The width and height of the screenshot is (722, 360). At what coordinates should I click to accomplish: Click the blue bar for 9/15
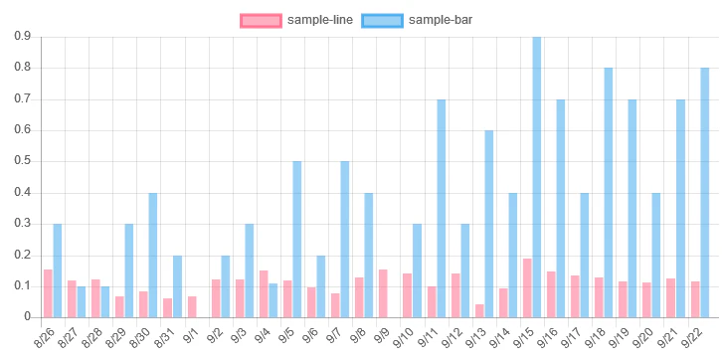tap(537, 177)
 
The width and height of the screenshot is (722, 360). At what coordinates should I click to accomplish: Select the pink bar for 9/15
tap(527, 288)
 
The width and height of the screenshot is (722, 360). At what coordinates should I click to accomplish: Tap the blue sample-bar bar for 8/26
tap(58, 270)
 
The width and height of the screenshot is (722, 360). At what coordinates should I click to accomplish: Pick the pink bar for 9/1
tap(192, 307)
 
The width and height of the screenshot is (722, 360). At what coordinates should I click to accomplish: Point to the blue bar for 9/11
tap(442, 209)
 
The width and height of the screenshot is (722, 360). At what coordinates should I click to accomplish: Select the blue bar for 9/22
tap(704, 193)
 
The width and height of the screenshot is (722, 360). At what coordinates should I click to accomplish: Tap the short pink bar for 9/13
tap(479, 310)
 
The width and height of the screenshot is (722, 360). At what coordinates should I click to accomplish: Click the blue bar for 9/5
tap(297, 240)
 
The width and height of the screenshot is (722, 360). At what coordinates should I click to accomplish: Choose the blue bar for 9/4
tap(273, 300)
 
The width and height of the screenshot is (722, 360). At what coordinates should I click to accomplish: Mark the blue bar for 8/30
tap(153, 255)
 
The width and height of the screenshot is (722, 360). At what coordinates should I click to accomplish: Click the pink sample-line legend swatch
tap(261, 20)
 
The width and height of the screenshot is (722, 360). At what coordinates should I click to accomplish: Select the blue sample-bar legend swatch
tap(382, 20)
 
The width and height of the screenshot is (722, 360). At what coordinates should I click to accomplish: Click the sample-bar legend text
tap(441, 20)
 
